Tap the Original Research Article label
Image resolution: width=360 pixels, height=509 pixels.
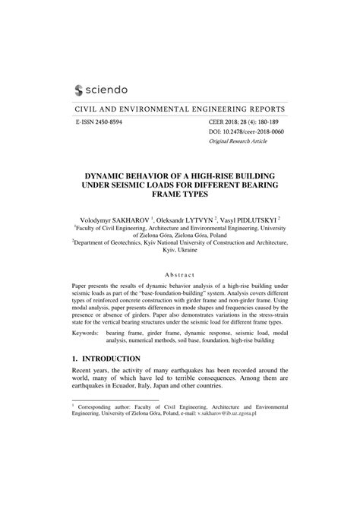click(x=239, y=141)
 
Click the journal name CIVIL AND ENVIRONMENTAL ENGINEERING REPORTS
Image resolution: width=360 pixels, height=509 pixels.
click(x=179, y=109)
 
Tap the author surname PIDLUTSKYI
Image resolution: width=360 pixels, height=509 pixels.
click(x=266, y=217)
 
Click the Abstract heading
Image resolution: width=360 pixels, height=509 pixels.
click(x=179, y=274)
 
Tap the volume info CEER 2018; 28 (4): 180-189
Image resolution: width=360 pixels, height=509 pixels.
click(x=243, y=122)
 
